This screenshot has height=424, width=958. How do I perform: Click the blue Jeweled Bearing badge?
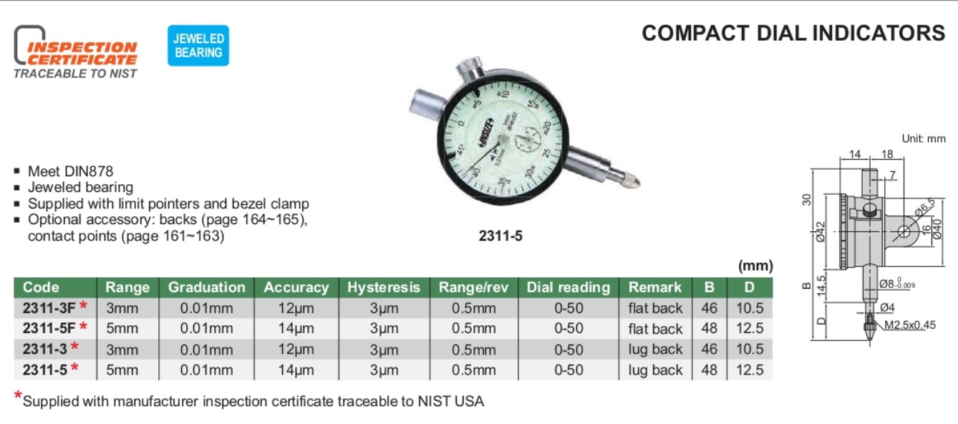[198, 45]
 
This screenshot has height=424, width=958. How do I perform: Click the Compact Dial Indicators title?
[793, 34]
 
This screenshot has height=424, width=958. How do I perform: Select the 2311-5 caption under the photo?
[500, 234]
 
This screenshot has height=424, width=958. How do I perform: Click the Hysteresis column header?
[384, 287]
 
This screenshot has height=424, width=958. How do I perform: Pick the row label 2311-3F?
[49, 308]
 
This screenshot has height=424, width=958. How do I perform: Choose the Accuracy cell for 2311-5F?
[296, 329]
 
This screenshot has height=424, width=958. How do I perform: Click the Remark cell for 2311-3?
[655, 350]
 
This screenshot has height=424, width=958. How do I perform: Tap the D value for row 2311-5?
[750, 370]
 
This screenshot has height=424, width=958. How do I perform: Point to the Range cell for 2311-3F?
[122, 308]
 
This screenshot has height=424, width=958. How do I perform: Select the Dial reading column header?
[568, 287]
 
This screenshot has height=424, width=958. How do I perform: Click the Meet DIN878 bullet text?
[70, 171]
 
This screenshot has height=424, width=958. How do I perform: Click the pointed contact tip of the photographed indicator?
[634, 183]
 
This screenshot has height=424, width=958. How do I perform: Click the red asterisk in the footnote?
[18, 397]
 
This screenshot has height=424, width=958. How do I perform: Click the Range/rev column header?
[474, 287]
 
